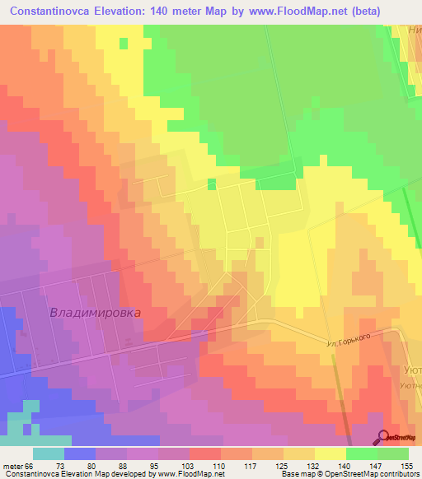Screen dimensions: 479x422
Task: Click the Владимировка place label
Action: (x=96, y=313)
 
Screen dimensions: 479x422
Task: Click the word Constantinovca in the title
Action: (x=63, y=12)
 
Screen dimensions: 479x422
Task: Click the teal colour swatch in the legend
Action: (x=49, y=453)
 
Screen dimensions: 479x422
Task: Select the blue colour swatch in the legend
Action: (x=80, y=453)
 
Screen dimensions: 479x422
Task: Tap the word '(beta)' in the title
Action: (x=395, y=12)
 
